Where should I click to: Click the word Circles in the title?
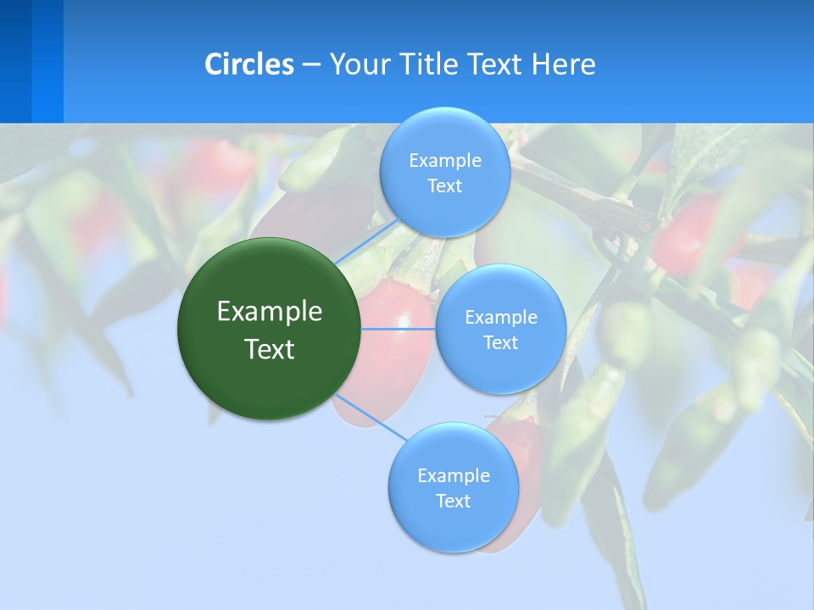[249, 64]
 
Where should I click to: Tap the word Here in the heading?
[563, 64]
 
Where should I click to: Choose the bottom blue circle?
[453, 525]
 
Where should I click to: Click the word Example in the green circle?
[270, 312]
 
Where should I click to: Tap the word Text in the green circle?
[270, 349]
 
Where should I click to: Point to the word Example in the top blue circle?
[444, 160]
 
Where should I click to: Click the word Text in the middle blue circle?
[500, 342]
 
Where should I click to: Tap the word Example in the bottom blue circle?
[453, 475]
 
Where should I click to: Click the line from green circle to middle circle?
[399, 329]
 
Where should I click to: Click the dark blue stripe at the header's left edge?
[15, 61]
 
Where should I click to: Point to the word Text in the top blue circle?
[444, 186]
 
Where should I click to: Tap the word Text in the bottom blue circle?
[453, 501]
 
